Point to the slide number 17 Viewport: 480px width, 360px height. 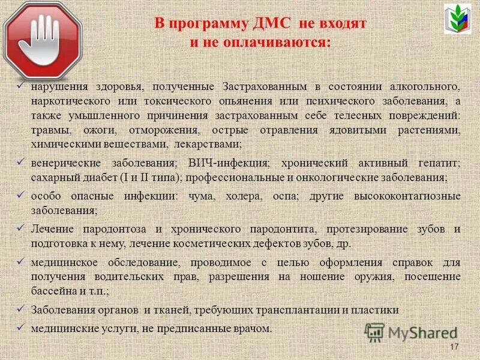click(x=454, y=348)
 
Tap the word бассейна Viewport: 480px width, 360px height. click(x=54, y=292)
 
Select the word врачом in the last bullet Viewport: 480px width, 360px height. click(x=254, y=328)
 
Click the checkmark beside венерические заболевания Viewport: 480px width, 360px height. click(x=19, y=162)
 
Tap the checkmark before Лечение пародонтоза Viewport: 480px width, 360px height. click(x=19, y=228)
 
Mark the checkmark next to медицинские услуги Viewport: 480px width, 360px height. click(x=19, y=327)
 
